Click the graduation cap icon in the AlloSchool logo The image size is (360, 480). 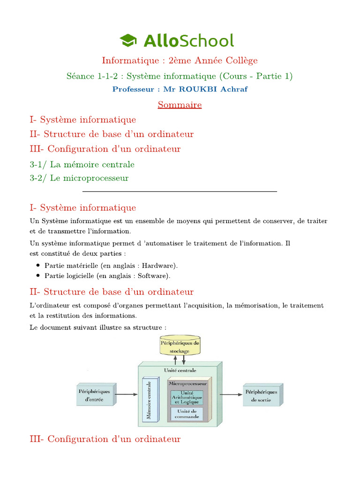(x=127, y=41)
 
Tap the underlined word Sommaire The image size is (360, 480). (x=180, y=105)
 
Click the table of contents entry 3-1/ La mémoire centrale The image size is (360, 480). (x=82, y=165)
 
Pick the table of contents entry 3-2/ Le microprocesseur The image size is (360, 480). (x=79, y=178)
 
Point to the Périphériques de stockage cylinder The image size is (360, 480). (x=180, y=346)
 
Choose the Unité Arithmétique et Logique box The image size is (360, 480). (x=187, y=397)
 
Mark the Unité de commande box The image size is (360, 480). (x=187, y=413)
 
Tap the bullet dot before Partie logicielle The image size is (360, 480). (x=37, y=276)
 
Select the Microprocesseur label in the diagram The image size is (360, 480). (x=187, y=383)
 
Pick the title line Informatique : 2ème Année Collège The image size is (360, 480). (x=180, y=60)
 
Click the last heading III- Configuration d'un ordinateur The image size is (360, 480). (x=105, y=439)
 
